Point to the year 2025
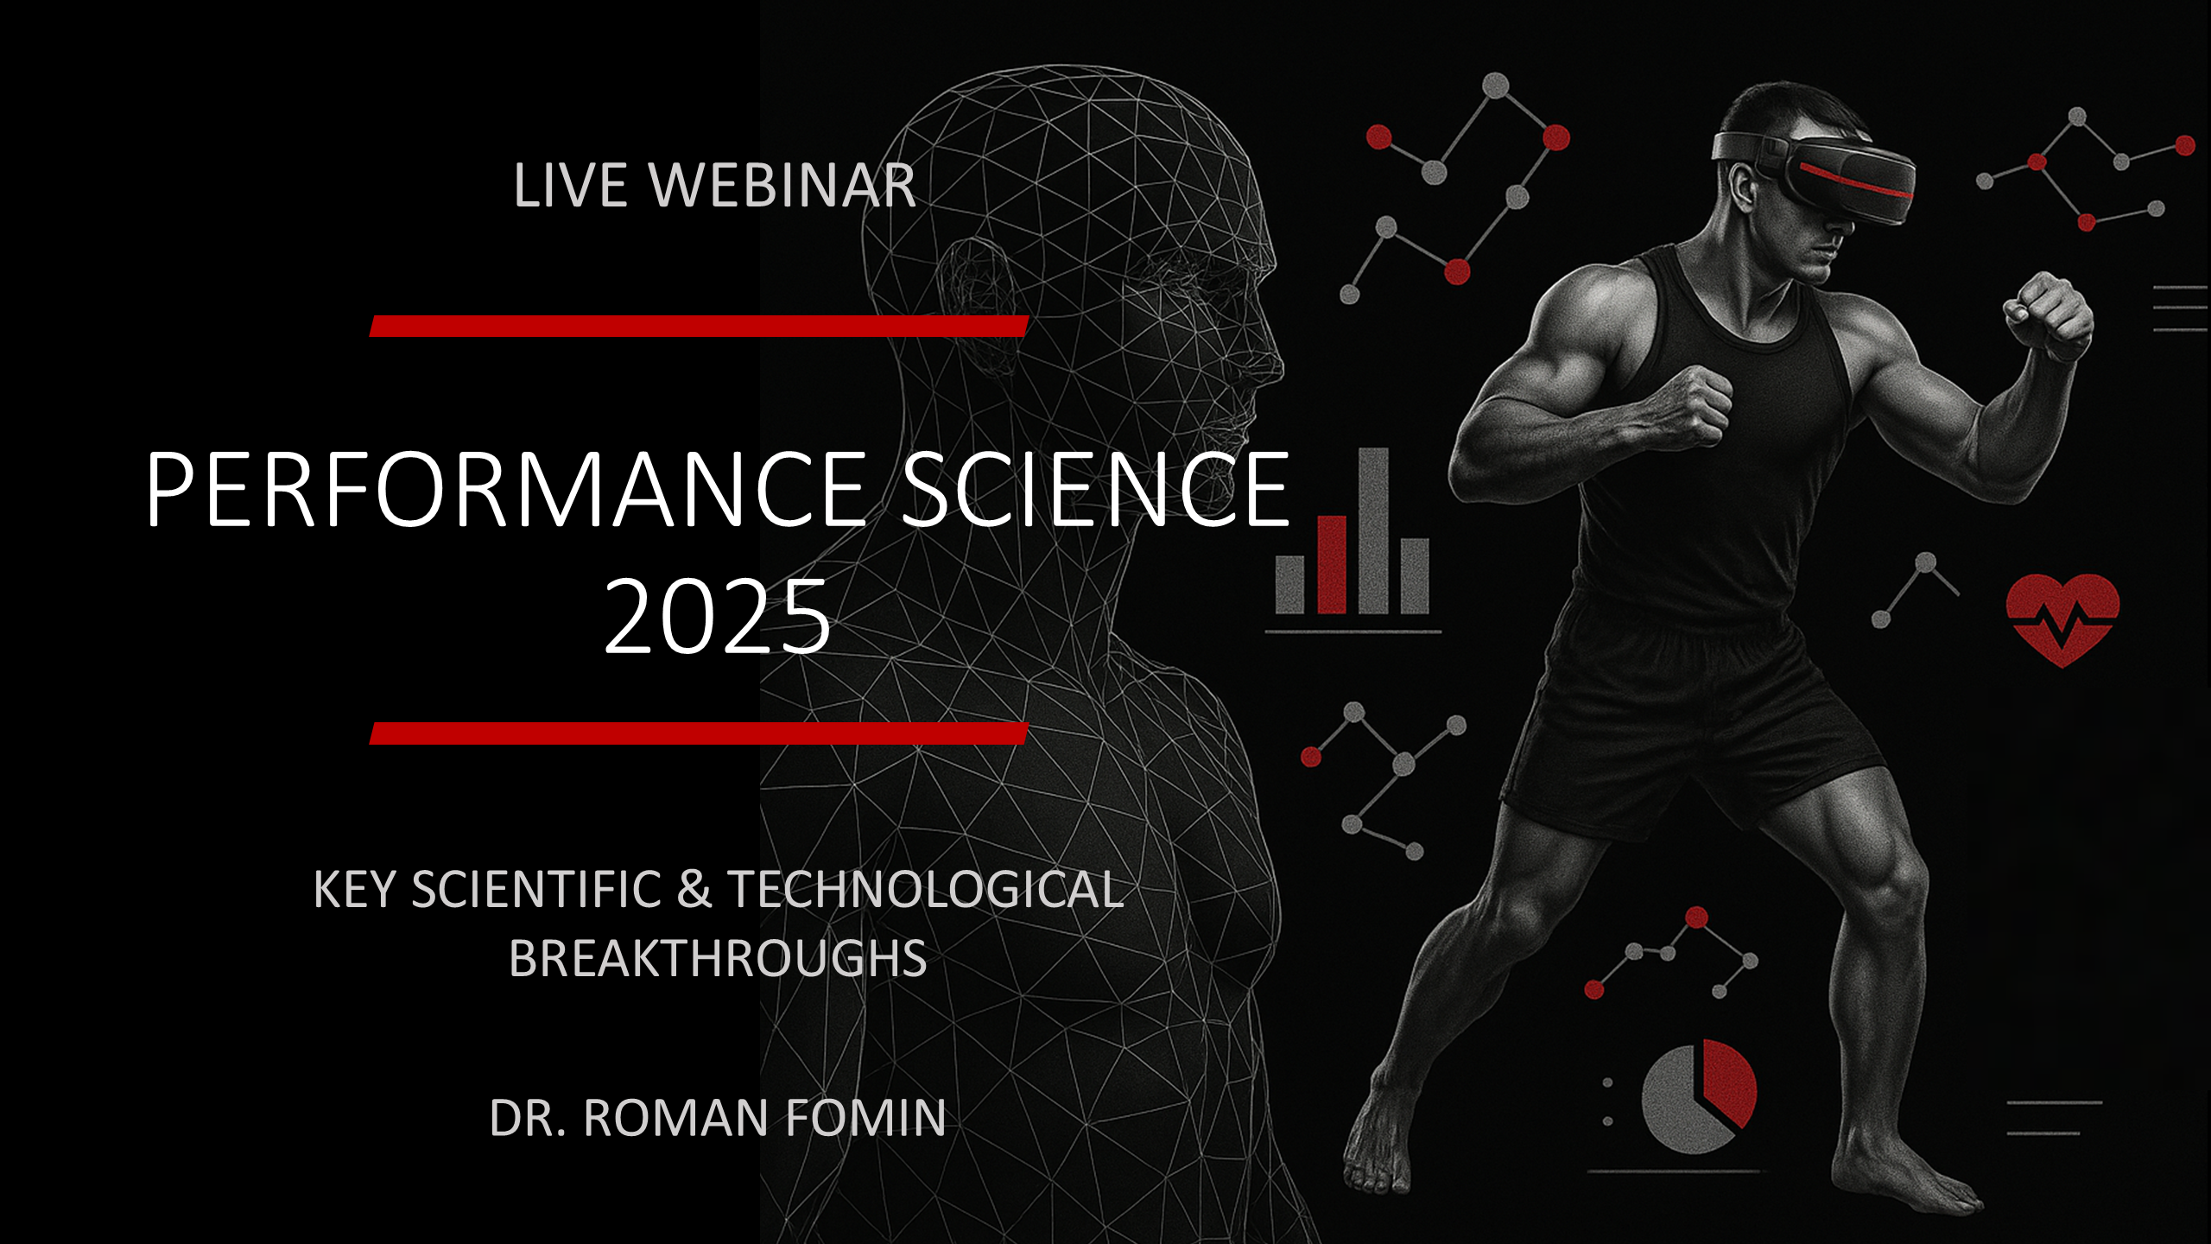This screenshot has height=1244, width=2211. pyautogui.click(x=718, y=617)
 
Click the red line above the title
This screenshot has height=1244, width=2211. pyautogui.click(x=699, y=326)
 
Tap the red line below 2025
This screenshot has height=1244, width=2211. pyautogui.click(x=699, y=733)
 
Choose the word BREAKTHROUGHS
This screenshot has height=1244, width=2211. pyautogui.click(x=718, y=958)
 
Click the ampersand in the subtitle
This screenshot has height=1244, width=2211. pyautogui.click(x=694, y=889)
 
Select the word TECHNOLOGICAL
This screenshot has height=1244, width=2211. pyautogui.click(x=926, y=889)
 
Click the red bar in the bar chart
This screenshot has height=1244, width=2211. pyautogui.click(x=1331, y=565)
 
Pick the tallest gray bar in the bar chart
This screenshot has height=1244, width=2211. pyautogui.click(x=1374, y=530)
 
